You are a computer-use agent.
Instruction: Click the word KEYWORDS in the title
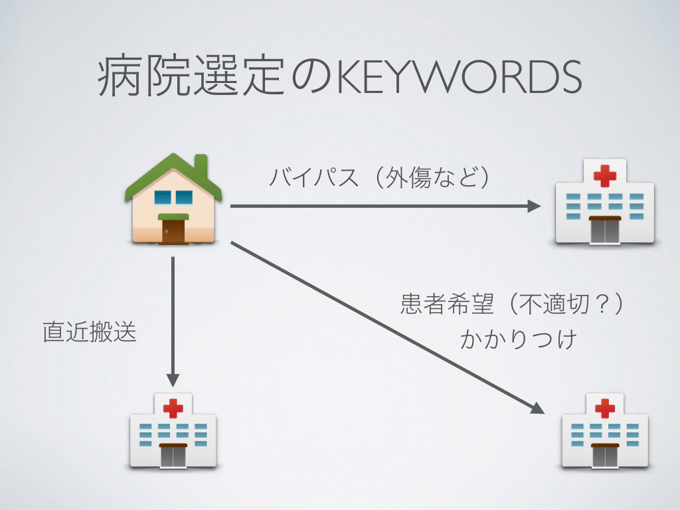[x=459, y=78]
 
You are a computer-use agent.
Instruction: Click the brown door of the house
[x=173, y=230]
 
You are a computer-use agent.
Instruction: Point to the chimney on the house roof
[x=201, y=163]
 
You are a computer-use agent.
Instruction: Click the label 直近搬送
[x=90, y=332]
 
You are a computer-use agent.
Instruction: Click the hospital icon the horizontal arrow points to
[x=604, y=203]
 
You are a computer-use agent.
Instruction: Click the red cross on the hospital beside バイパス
[x=604, y=176]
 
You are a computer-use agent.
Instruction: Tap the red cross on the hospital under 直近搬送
[x=173, y=407]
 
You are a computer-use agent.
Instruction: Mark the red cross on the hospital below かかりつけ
[x=604, y=407]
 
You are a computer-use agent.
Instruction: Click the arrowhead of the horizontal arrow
[x=535, y=207]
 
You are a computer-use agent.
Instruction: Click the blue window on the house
[x=173, y=197]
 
